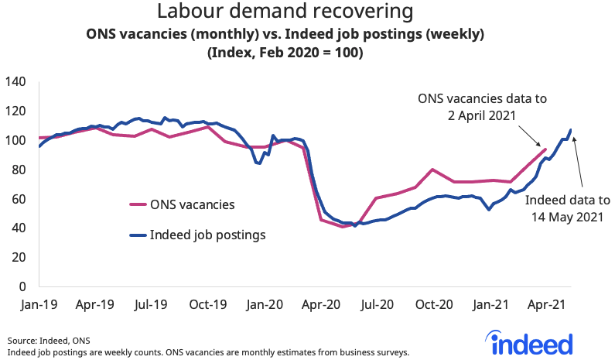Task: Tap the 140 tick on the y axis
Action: pos(16,82)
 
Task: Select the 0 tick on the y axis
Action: pos(23,286)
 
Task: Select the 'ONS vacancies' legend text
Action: pos(193,205)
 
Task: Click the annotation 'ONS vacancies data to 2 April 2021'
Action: pos(466,107)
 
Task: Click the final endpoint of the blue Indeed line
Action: pos(571,129)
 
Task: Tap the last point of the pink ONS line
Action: pos(545,149)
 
